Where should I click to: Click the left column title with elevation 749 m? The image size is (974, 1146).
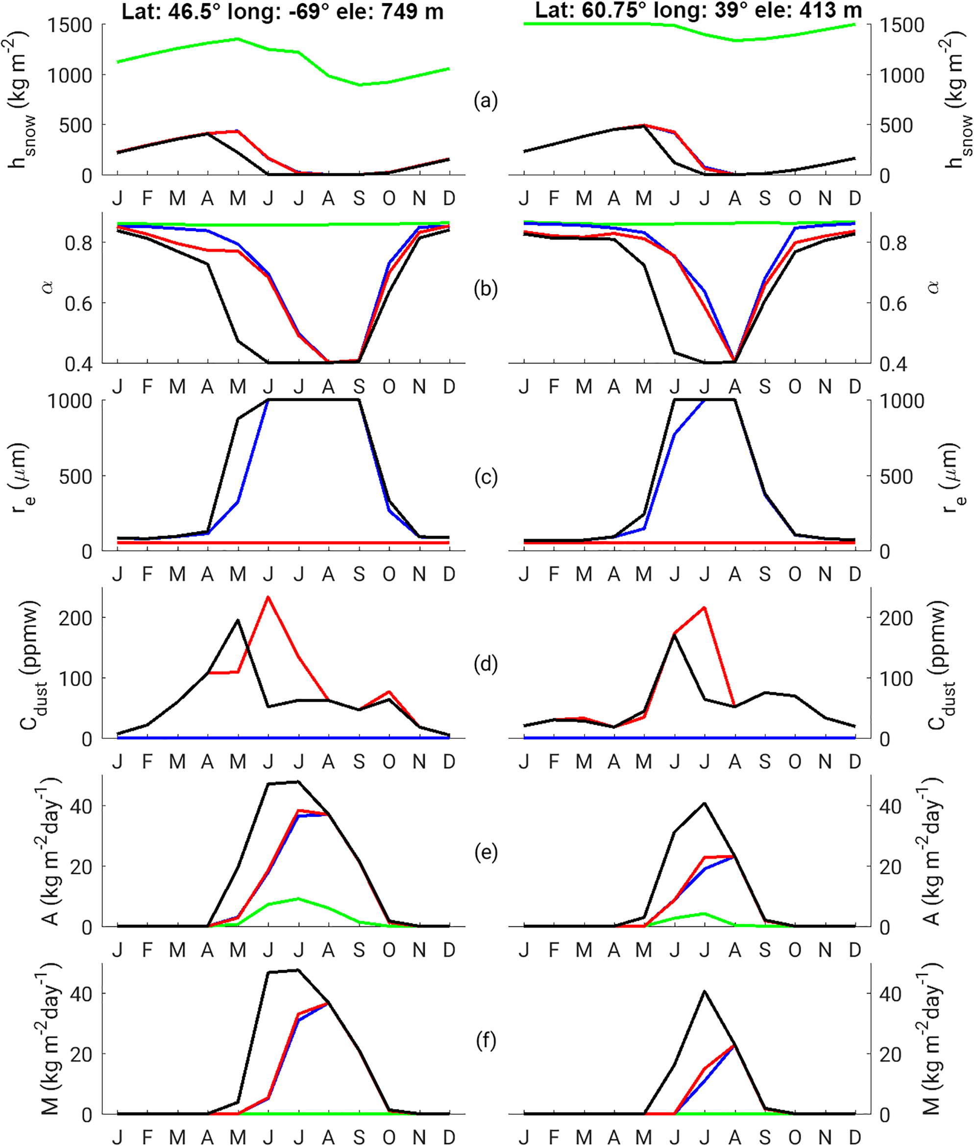tap(282, 11)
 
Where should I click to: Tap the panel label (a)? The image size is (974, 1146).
tap(486, 101)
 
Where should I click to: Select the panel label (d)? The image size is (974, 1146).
tap(486, 664)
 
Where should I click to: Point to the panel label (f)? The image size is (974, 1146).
tap(486, 1041)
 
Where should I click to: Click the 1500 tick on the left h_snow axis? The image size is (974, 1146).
tap(70, 25)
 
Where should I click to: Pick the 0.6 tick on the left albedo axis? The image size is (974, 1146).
tap(79, 304)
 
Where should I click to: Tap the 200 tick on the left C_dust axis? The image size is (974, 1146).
tap(75, 618)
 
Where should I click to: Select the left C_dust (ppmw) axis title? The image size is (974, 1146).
tap(34, 665)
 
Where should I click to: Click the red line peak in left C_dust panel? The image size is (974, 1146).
tap(268, 597)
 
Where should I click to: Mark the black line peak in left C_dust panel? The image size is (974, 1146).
tap(238, 620)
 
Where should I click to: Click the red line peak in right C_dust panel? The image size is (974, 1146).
tap(705, 607)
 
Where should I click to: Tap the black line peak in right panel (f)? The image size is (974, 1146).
tap(705, 991)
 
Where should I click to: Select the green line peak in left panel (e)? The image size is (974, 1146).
tap(298, 899)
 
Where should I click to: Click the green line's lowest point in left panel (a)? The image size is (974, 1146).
tap(360, 85)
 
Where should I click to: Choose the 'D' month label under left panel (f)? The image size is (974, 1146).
tap(449, 1137)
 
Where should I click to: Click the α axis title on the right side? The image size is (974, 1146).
tap(934, 287)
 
